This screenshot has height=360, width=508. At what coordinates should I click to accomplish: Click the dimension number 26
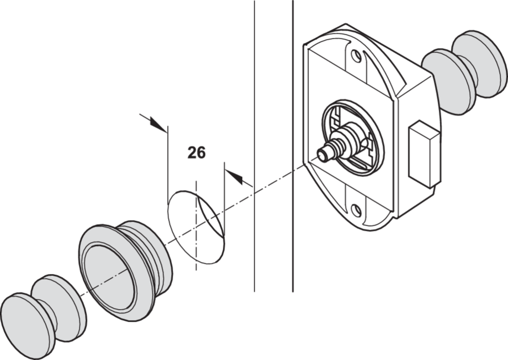point(196,152)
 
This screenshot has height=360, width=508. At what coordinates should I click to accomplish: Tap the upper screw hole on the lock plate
point(356,56)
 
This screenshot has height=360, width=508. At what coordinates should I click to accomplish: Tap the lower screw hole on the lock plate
point(356,211)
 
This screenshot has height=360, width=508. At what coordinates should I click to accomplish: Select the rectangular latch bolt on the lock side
point(424,154)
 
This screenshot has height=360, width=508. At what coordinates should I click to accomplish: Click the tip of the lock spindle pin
point(322,155)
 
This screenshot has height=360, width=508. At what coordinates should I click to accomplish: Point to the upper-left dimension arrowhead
point(158,125)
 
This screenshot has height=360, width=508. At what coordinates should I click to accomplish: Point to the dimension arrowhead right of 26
point(234,177)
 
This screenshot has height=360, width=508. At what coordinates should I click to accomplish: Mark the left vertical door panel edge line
point(255,146)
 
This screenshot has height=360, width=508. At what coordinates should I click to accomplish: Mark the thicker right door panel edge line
point(293,146)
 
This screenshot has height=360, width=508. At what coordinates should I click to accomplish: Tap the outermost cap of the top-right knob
point(480,64)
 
